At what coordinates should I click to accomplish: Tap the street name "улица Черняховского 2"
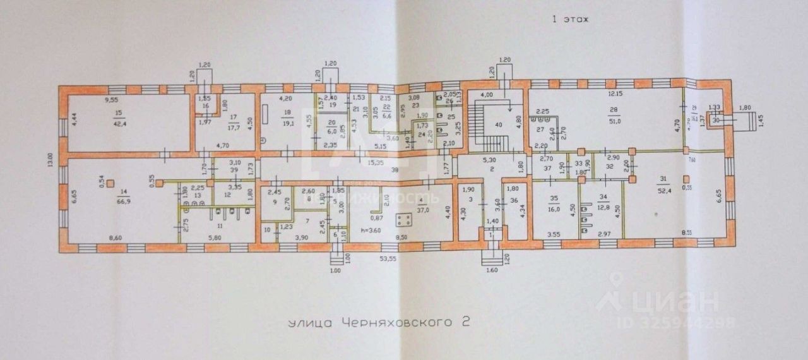379,322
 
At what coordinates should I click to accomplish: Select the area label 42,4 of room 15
118,124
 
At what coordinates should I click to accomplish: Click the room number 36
514,201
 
